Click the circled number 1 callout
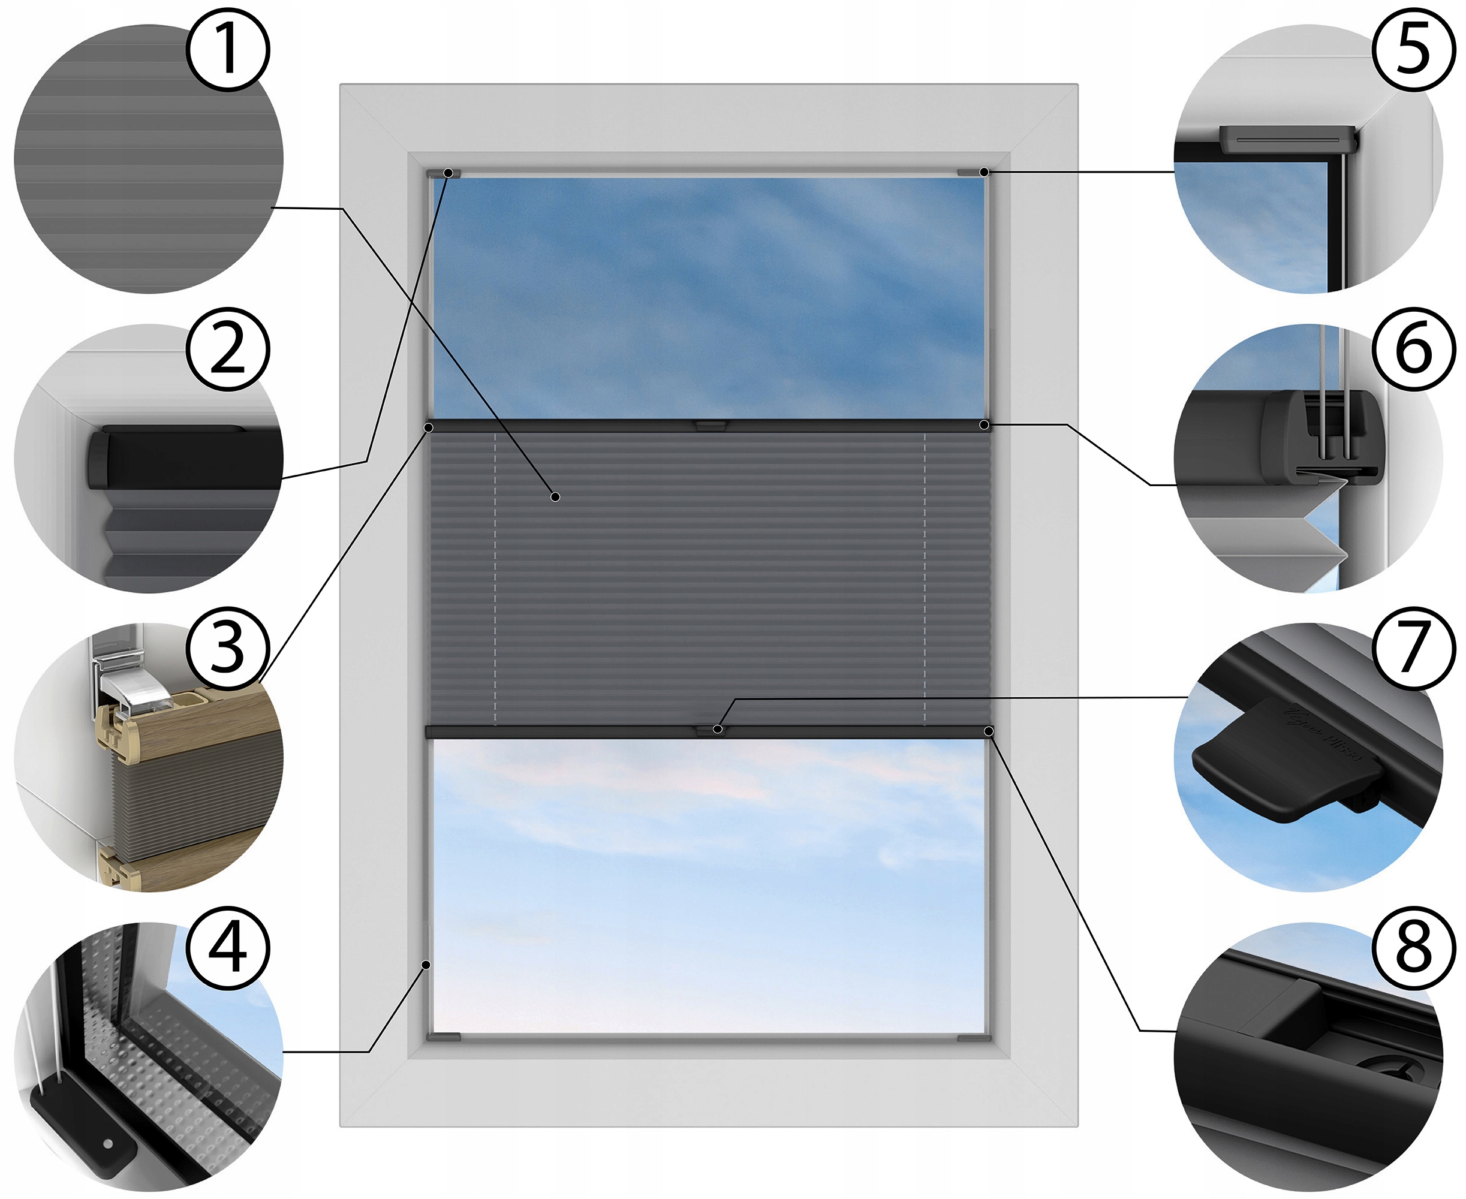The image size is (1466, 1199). (x=227, y=50)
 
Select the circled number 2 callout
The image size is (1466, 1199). (x=227, y=350)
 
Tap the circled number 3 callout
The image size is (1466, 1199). (x=227, y=648)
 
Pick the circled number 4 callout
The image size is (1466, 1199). (x=227, y=948)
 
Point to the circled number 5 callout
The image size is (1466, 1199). (x=1413, y=50)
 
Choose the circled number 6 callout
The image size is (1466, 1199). (x=1413, y=350)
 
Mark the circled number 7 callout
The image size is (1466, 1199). (x=1413, y=648)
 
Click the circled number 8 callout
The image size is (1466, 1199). (x=1413, y=948)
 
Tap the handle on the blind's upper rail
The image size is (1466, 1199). (x=709, y=426)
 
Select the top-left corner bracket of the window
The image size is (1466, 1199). (x=442, y=173)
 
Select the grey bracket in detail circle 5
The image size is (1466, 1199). (x=1287, y=140)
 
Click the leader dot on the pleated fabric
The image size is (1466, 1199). (x=555, y=496)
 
